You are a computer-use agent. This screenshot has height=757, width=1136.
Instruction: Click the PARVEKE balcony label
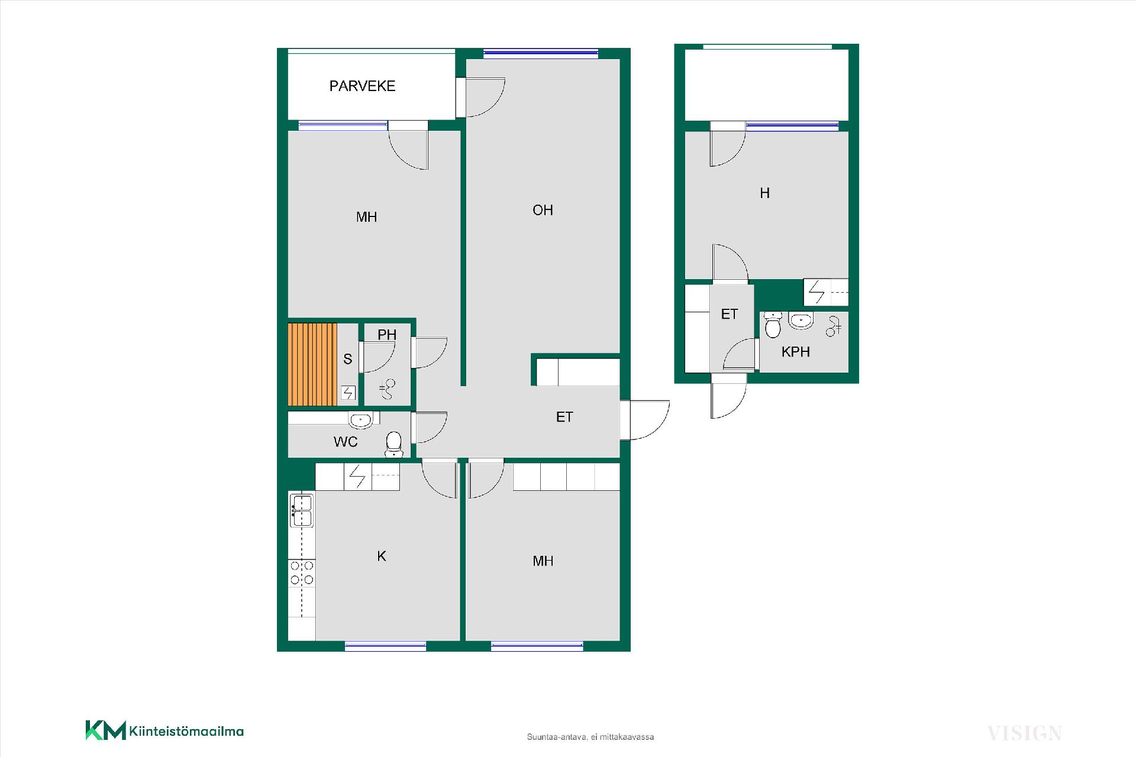point(362,86)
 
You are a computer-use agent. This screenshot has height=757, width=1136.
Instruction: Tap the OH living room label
point(543,210)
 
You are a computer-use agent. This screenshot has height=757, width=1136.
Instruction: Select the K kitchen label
point(382,556)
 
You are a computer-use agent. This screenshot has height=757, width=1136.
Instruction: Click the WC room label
point(346,442)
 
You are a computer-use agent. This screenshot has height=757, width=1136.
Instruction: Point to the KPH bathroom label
point(795,352)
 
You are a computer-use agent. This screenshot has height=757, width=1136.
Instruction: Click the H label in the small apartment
point(764,193)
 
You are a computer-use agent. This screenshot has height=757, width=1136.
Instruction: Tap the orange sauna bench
point(312,364)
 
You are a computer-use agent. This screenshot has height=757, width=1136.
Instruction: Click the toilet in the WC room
point(393,445)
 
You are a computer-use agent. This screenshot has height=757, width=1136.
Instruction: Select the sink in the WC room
point(360,420)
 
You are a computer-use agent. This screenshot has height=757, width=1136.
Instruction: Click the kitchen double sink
point(301,511)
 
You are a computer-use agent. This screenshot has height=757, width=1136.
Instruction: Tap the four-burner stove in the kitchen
point(301,572)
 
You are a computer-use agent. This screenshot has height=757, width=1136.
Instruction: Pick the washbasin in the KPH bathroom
point(801,321)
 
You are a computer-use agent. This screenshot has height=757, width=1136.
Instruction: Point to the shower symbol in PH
point(388,389)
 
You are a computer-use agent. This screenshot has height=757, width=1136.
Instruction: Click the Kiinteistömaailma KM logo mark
point(106,730)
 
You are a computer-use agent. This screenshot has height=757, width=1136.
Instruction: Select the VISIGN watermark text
point(1025,733)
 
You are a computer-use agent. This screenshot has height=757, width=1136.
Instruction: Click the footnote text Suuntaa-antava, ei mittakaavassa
point(590,737)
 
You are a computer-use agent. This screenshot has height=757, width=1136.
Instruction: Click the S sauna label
point(348,359)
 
